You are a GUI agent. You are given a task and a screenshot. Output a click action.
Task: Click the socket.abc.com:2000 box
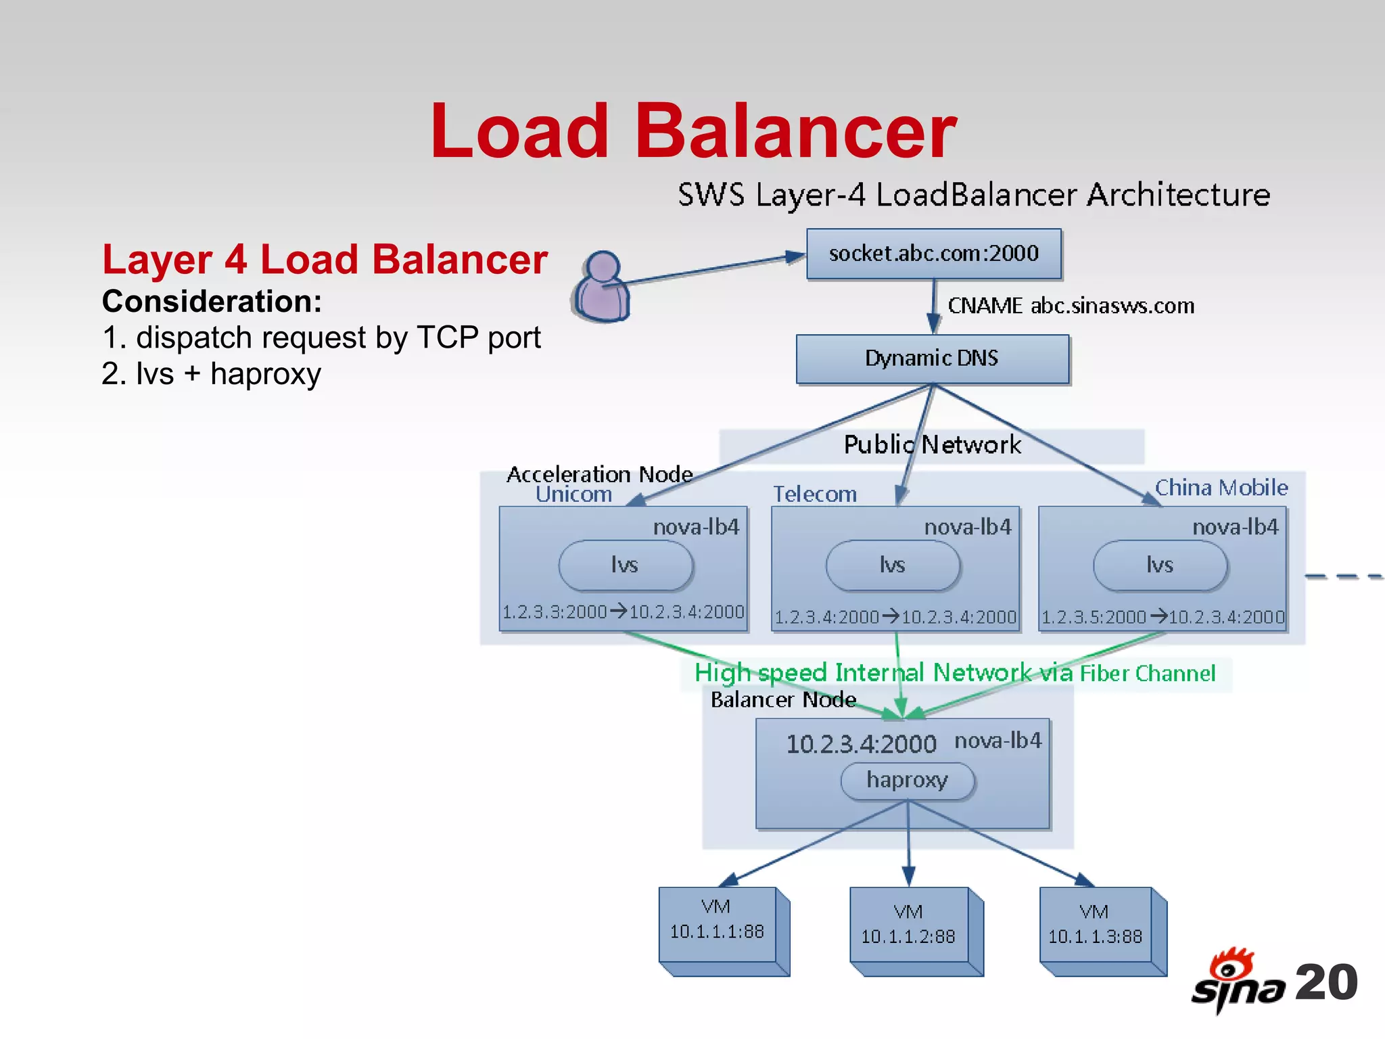(x=933, y=254)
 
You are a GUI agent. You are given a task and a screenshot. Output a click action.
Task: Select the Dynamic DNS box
(x=932, y=359)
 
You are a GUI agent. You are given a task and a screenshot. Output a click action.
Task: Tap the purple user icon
(x=601, y=287)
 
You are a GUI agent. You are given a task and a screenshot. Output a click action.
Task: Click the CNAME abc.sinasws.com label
(x=1071, y=306)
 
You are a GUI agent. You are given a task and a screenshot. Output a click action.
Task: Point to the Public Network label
(x=932, y=445)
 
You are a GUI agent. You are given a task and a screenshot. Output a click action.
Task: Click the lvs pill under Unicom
(x=625, y=565)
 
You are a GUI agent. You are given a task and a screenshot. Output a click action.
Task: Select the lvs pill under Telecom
(x=892, y=565)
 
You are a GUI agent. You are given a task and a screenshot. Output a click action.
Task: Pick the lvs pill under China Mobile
(x=1159, y=565)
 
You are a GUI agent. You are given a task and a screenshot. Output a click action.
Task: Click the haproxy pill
(x=907, y=781)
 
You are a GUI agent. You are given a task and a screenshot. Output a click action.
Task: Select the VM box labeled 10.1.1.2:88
(x=908, y=927)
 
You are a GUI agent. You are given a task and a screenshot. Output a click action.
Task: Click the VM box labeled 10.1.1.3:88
(x=1095, y=927)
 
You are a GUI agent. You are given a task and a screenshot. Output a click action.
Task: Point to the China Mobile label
(x=1221, y=488)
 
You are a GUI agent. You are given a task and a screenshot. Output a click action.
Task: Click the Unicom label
(x=573, y=494)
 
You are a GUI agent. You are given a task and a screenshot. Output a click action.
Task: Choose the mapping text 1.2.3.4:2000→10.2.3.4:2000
(x=895, y=617)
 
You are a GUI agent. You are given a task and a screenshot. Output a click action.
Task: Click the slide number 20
(x=1325, y=982)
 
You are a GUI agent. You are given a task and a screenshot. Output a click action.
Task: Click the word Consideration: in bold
(x=212, y=302)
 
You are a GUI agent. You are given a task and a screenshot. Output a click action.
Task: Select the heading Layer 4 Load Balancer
(x=325, y=260)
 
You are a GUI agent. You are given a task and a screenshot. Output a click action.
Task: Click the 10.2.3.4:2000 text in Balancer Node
(x=860, y=744)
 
